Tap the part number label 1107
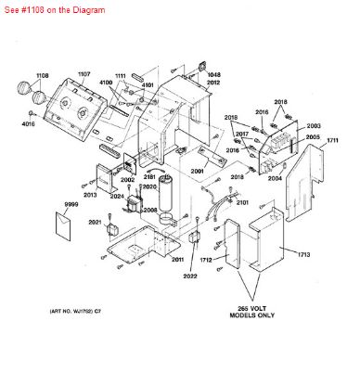pyautogui.click(x=84, y=73)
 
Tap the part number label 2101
pyautogui.click(x=242, y=201)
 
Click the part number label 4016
pyautogui.click(x=28, y=122)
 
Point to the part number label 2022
pyautogui.click(x=189, y=276)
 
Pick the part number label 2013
pyautogui.click(x=90, y=196)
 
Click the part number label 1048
pyautogui.click(x=213, y=73)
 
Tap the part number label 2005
pyautogui.click(x=314, y=137)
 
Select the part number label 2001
pyautogui.click(x=197, y=173)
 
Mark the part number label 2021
pyautogui.click(x=95, y=223)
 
